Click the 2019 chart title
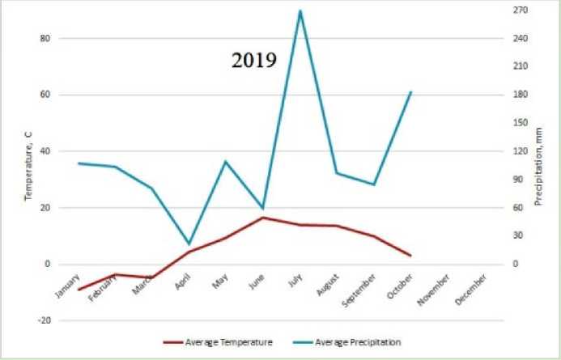tap(254, 61)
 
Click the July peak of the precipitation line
tap(300, 11)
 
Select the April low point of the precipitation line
tap(189, 244)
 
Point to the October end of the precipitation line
tap(411, 92)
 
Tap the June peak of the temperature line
tap(262, 217)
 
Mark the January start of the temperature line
tap(79, 290)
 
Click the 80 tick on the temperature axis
tap(45, 39)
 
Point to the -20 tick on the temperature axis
tap(45, 320)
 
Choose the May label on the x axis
tap(219, 282)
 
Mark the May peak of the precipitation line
tap(225, 161)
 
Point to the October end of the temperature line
tap(411, 256)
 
